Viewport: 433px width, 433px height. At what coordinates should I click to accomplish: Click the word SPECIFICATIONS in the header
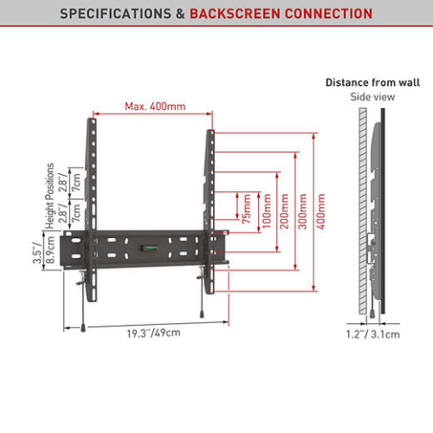tap(115, 14)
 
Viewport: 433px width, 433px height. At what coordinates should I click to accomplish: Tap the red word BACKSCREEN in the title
tap(235, 14)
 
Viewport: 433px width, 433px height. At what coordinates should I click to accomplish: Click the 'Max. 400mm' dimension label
tap(155, 107)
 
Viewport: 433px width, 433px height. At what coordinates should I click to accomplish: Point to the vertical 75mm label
tap(247, 209)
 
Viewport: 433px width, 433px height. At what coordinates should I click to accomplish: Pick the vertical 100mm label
tap(267, 211)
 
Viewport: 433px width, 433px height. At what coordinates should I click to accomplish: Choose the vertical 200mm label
tap(284, 211)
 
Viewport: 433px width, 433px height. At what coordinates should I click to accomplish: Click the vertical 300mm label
tap(302, 211)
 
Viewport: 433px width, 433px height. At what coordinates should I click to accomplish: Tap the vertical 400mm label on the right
tap(320, 211)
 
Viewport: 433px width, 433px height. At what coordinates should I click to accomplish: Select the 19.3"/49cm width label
tap(153, 333)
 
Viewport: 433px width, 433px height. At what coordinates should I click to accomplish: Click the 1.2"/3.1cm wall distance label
tap(373, 334)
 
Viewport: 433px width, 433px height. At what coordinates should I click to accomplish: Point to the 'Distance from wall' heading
tap(372, 82)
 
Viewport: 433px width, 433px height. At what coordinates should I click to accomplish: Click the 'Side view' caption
tap(372, 97)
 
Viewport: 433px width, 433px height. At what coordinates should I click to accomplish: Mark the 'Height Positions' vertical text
tap(50, 196)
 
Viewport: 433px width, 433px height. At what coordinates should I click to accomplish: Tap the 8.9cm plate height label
tap(50, 250)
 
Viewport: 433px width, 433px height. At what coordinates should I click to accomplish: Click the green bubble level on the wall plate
tap(149, 248)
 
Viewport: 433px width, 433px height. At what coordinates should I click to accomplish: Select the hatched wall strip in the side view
tap(363, 211)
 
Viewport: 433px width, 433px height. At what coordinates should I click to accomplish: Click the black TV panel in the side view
tap(383, 211)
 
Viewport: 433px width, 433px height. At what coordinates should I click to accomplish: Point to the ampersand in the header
tap(180, 14)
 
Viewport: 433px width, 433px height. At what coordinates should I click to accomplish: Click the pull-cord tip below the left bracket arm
tap(83, 328)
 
